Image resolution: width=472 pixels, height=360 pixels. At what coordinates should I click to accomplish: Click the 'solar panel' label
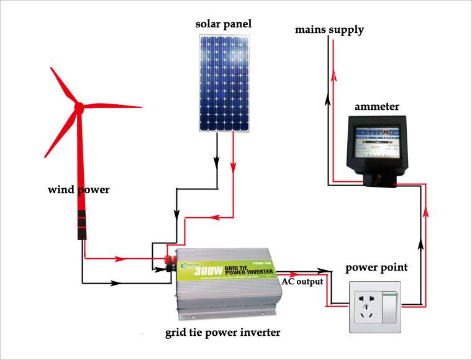click(x=223, y=24)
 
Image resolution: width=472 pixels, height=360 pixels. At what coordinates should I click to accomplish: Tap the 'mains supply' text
click(x=329, y=29)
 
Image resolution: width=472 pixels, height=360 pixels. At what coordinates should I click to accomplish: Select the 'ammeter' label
click(x=376, y=107)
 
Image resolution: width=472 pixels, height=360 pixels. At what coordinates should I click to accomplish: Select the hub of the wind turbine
click(x=79, y=107)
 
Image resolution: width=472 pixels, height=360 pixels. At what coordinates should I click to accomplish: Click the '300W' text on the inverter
click(x=209, y=271)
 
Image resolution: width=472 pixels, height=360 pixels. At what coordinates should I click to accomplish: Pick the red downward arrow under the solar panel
click(x=234, y=166)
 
